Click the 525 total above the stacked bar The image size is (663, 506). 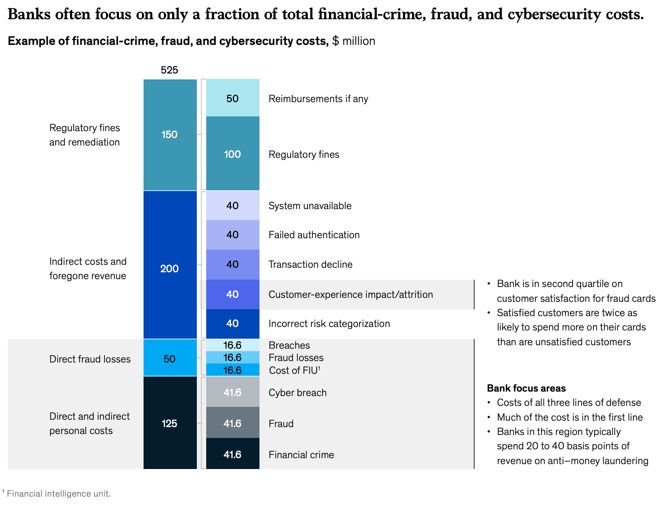(169, 70)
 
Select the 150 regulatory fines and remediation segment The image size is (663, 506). (170, 135)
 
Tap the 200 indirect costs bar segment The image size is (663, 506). (170, 269)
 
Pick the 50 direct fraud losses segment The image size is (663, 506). (170, 359)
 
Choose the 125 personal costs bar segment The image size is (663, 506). (170, 423)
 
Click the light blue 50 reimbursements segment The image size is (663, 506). (232, 98)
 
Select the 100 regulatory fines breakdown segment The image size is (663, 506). (232, 154)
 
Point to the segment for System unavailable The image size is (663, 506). (232, 206)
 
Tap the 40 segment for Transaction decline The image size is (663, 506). (232, 264)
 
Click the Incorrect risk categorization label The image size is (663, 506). (329, 324)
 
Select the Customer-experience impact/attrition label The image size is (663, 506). (350, 294)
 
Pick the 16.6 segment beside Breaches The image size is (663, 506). (232, 345)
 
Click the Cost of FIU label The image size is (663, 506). (295, 370)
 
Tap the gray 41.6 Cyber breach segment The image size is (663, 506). (232, 393)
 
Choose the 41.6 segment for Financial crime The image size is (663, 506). (232, 454)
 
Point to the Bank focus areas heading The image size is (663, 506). (526, 388)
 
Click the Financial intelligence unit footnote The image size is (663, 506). (58, 493)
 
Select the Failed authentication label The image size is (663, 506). (314, 235)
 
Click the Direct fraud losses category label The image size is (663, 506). (90, 359)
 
